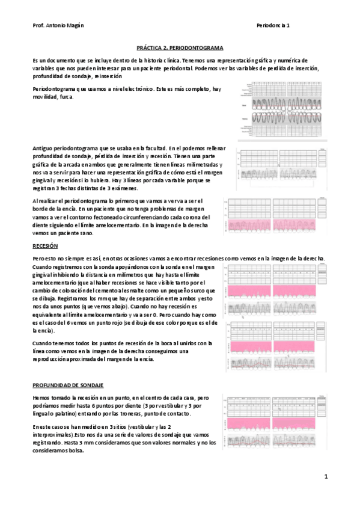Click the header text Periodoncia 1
coord(273,26)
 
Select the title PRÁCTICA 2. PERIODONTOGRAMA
coord(180,46)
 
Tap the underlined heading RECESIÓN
coord(45,246)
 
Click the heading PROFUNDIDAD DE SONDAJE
coord(69,383)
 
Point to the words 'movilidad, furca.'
coord(53,97)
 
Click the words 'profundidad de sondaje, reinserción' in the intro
coord(69,76)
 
